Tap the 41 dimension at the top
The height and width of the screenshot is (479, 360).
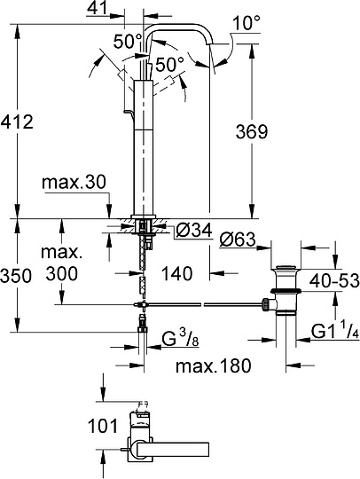[x=124, y=8]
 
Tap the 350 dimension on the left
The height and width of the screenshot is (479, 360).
[x=16, y=275]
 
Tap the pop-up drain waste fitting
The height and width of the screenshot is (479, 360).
[x=286, y=290]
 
